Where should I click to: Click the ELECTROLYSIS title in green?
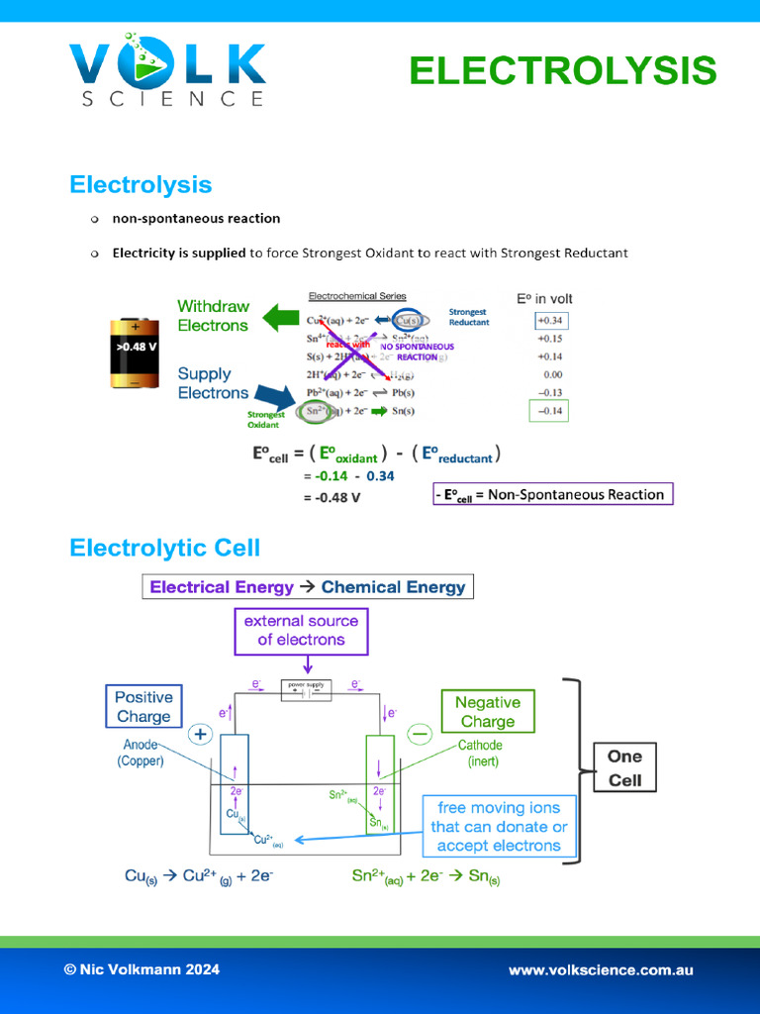[x=562, y=71]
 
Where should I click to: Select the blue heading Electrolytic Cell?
[x=164, y=548]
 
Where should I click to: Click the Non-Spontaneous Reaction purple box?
[x=552, y=494]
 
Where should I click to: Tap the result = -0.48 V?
[x=332, y=497]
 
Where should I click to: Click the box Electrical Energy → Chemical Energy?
[x=308, y=587]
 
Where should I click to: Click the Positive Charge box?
[x=143, y=707]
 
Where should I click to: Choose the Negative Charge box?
[x=487, y=712]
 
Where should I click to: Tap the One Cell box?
[x=624, y=768]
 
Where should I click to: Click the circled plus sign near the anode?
[x=201, y=735]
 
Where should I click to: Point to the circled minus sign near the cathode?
[x=420, y=734]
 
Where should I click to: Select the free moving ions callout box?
[x=499, y=827]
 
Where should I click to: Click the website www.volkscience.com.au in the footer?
[x=601, y=970]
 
